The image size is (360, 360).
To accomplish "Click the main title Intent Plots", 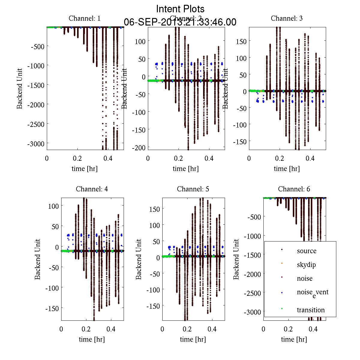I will (180, 9).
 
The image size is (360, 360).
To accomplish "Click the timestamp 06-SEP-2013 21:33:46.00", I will (180, 22).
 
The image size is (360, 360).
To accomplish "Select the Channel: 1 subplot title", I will (85, 18).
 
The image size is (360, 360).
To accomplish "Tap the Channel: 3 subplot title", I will (287, 18).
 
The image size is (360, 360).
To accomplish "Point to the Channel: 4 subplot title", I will (92, 189).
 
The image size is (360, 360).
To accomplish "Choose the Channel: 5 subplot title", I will (193, 189).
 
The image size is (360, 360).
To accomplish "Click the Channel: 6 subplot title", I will (294, 189).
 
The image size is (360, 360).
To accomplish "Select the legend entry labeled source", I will (307, 251).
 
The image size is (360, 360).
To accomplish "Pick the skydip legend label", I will (306, 265).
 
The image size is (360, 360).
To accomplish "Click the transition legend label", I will (311, 310).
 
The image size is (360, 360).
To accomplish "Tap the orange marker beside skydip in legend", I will (282, 263).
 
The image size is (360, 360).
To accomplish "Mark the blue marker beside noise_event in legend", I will (282, 292).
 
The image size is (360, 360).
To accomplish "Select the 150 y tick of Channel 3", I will (241, 41).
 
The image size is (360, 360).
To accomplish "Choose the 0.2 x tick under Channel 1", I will (77, 158).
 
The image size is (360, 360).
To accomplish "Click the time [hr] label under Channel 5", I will (193, 339).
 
